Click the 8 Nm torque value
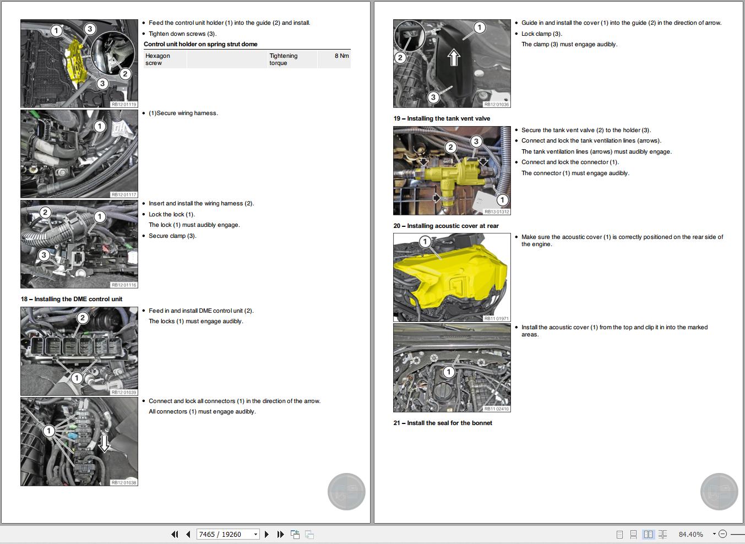coord(341,56)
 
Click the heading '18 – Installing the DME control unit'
coord(72,299)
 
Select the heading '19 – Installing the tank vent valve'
coord(442,118)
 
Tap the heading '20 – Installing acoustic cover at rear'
coord(446,226)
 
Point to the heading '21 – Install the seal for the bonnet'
coord(443,423)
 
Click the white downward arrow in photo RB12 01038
coord(104,443)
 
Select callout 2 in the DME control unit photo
coord(83,318)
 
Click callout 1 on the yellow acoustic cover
coord(425,242)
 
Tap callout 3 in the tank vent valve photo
coord(476,142)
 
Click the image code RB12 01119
coord(123,104)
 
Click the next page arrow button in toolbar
coord(267,534)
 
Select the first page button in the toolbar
coord(175,534)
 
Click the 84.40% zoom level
coord(690,534)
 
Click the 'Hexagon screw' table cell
coord(157,59)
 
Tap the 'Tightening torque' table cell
coord(283,59)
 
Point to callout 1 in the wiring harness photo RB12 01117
coord(100,127)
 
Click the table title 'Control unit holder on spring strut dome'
coord(200,44)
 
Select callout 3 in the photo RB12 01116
coord(43,255)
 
